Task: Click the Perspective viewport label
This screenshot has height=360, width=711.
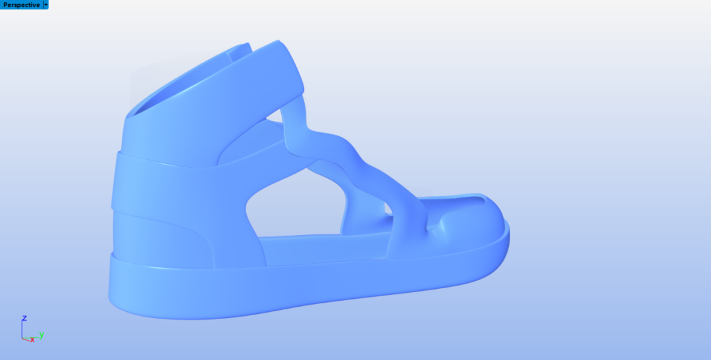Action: point(21,5)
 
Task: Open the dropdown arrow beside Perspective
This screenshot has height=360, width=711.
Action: point(46,5)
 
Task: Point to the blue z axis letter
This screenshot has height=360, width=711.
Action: point(24,318)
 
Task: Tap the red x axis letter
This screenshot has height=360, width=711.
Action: point(32,340)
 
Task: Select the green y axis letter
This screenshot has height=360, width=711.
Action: point(41,335)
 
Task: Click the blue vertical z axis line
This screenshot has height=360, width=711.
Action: point(22,330)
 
